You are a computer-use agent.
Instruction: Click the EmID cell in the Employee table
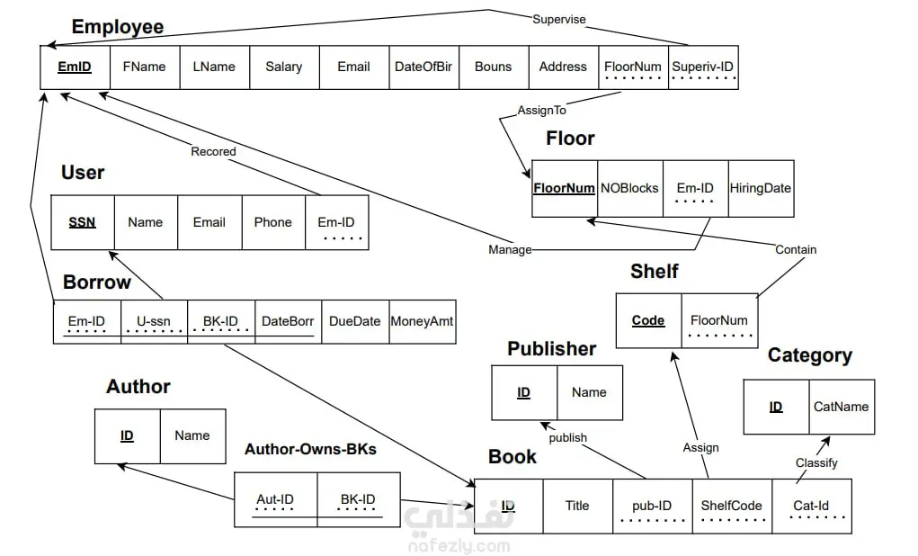[75, 67]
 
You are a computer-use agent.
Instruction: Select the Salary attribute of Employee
[284, 67]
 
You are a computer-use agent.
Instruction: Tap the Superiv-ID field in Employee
[703, 67]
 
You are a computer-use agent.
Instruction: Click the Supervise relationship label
[558, 19]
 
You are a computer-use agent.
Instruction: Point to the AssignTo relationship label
[541, 111]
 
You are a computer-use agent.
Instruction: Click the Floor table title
[570, 139]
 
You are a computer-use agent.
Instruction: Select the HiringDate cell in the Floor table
[761, 188]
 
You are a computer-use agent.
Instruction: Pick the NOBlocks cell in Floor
[629, 188]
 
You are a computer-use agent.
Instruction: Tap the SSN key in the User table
[82, 222]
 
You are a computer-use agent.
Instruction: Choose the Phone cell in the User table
[272, 222]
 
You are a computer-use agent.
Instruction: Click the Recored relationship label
[213, 152]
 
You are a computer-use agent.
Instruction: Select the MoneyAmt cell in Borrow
[422, 321]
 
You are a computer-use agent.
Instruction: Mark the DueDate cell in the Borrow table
[354, 321]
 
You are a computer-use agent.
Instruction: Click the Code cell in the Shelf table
[648, 320]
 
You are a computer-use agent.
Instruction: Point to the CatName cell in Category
[841, 407]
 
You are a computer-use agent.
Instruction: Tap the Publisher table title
[551, 349]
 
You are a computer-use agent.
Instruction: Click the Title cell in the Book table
[577, 506]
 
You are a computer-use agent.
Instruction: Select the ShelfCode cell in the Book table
[731, 506]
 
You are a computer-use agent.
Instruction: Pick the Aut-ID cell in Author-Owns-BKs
[275, 500]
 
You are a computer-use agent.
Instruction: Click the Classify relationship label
[816, 462]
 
